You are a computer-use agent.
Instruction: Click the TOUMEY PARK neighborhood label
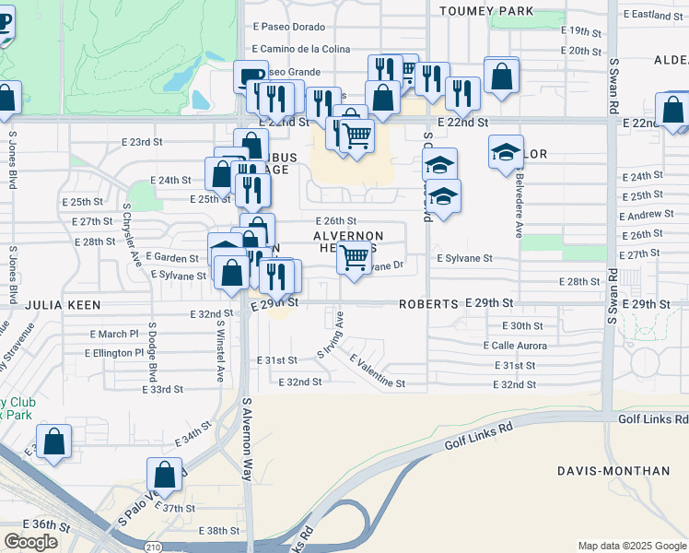click(487, 11)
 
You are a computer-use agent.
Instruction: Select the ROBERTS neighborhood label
click(428, 303)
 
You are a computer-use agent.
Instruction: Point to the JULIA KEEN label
click(62, 303)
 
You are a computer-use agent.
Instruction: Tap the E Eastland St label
click(652, 15)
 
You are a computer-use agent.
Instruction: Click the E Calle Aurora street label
click(515, 346)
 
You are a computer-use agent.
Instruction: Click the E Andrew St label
click(648, 215)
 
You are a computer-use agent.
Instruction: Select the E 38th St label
click(219, 531)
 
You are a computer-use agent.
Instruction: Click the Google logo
click(30, 542)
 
